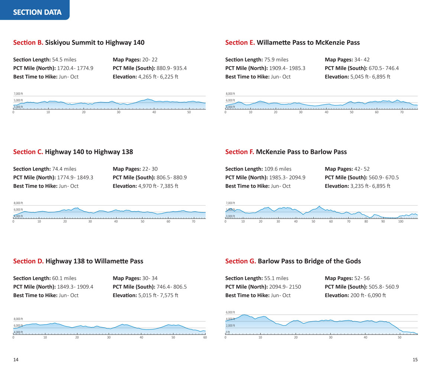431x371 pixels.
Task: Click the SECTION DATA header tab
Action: [37, 12]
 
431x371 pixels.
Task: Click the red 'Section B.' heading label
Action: [28, 43]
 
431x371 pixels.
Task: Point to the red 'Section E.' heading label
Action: [240, 43]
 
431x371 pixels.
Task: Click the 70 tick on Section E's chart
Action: [402, 112]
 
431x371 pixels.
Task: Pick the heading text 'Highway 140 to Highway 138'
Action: [89, 152]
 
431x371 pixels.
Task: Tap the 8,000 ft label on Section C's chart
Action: [18, 203]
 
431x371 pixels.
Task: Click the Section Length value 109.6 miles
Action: [278, 169]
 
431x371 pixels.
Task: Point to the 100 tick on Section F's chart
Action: [401, 221]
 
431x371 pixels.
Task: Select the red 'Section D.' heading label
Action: [28, 261]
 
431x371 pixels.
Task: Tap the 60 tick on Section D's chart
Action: [205, 337]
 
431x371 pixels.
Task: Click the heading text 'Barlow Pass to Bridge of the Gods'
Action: [309, 261]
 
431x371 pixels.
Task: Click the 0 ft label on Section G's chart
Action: [228, 332]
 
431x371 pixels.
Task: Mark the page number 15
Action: [415, 359]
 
